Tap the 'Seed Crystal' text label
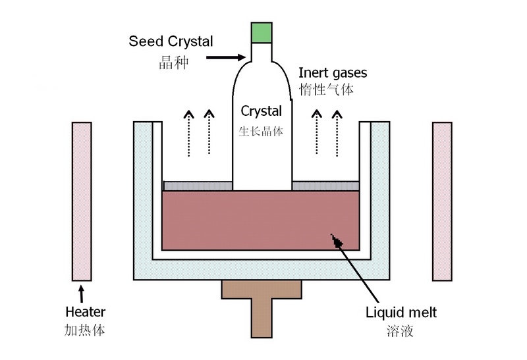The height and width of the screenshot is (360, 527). [x=171, y=41]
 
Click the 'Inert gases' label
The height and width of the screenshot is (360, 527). [x=333, y=72]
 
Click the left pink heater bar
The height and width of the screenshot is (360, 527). [x=82, y=201]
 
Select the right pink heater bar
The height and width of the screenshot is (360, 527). [x=442, y=201]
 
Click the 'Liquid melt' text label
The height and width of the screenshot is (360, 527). [x=401, y=313]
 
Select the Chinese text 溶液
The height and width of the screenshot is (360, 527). [x=400, y=331]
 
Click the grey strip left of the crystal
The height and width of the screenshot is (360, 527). [x=197, y=186]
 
